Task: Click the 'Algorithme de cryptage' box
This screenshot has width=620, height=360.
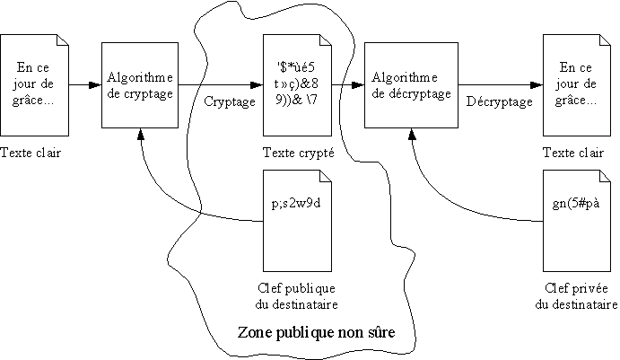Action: [x=140, y=85]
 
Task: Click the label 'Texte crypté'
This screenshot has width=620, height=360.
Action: [x=298, y=153]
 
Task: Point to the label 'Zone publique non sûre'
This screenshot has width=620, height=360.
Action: [x=316, y=332]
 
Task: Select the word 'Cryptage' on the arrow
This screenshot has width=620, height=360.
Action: [x=230, y=101]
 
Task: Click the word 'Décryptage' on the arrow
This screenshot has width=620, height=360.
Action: [x=500, y=101]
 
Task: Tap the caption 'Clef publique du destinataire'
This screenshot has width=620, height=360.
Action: [x=295, y=295]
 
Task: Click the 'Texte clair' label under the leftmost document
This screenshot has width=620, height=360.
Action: [x=31, y=153]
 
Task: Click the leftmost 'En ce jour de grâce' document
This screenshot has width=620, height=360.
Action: [x=35, y=85]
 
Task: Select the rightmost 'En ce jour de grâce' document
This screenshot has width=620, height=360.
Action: [x=575, y=85]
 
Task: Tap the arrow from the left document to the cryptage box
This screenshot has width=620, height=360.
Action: [x=84, y=86]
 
